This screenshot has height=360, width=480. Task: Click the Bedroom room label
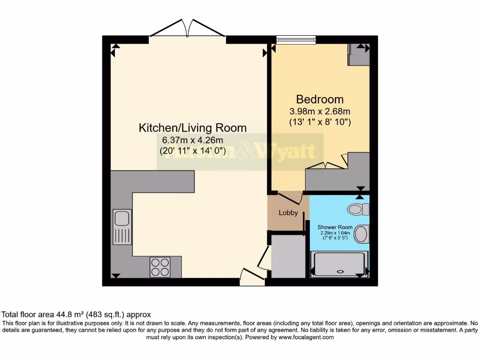tap(320, 99)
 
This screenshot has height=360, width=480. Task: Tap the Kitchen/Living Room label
tap(193, 127)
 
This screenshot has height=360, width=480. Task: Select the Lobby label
tap(288, 212)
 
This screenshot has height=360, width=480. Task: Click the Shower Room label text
tap(335, 227)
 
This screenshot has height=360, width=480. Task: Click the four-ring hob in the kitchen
tap(160, 267)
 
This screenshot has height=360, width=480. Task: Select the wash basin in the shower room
tap(361, 234)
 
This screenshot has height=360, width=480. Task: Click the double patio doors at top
tap(187, 29)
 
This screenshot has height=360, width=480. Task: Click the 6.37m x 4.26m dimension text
tap(192, 140)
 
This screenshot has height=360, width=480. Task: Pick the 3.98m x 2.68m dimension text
tap(320, 112)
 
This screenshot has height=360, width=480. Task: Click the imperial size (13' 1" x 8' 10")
tap(320, 122)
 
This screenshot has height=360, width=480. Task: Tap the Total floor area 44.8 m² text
tap(76, 315)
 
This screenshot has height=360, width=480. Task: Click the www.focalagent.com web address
tap(306, 337)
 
